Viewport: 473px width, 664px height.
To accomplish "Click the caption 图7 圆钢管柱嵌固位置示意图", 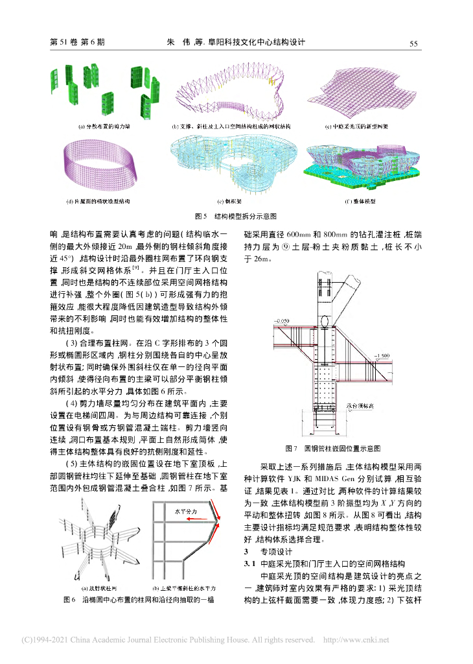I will tap(332, 448).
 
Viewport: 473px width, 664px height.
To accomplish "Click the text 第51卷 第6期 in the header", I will tap(77, 43).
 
